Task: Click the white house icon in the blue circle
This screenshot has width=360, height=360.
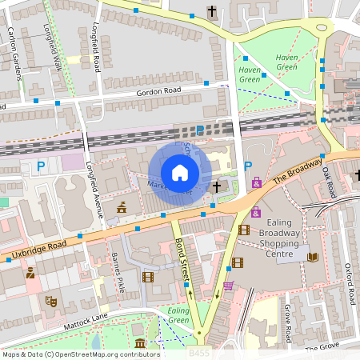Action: pos(180,173)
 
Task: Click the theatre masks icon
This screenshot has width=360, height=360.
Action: pos(50,300)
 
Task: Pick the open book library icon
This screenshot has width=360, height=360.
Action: pos(313,257)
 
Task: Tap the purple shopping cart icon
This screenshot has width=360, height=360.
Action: pos(228,285)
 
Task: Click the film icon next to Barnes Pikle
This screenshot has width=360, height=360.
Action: pos(147,277)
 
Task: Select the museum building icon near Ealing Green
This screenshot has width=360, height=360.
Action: pos(141,344)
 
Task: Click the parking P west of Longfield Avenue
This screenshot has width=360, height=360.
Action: pos(41,166)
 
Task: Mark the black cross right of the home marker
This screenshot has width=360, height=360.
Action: pos(217,186)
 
